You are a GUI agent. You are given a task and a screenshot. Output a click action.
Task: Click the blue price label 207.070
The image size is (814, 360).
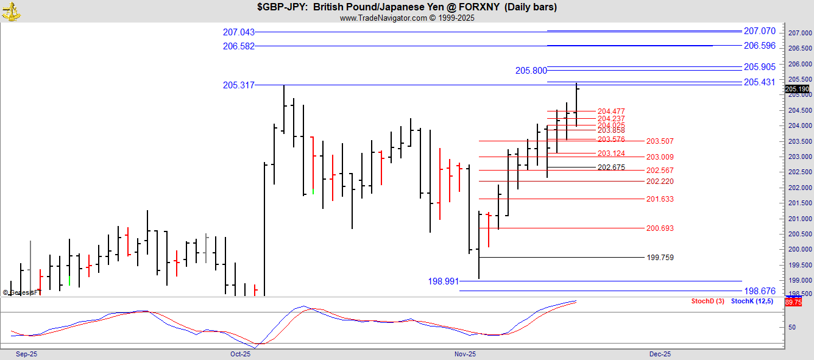pos(759,31)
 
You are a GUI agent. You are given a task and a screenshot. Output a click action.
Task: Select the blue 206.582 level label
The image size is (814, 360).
pos(239,46)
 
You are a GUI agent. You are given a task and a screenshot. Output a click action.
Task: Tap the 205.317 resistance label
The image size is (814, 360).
pos(239,85)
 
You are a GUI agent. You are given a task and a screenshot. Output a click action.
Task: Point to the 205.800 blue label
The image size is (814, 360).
pos(531,71)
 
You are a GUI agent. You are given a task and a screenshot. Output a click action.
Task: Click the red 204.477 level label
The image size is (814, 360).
pos(611,111)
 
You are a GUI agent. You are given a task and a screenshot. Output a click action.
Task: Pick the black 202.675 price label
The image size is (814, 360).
pos(611,168)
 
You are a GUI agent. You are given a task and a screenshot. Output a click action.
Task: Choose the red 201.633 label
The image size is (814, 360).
pos(660,199)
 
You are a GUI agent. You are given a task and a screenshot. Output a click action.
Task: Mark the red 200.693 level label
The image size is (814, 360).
pos(660,228)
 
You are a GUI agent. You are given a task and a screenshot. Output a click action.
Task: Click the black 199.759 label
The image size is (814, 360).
pos(660,258)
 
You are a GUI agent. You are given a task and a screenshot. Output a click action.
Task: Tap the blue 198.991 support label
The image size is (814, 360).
pos(444,281)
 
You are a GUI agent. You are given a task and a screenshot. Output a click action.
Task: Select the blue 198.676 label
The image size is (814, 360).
pos(759,291)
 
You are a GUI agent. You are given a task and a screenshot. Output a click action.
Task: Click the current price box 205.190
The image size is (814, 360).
pos(798,89)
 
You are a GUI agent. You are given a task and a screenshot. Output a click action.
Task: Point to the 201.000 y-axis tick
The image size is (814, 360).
pos(799,219)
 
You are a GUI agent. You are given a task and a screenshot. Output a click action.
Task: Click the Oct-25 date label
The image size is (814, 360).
pos(241,354)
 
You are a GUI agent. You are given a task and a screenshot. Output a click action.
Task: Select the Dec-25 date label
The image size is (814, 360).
pos(660,354)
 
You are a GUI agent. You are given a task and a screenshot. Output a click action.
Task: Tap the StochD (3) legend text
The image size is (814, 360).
pos(707,302)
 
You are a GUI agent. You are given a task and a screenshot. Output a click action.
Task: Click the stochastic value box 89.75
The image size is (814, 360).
pos(793,302)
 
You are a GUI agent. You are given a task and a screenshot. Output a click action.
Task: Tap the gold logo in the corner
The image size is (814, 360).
pos(11,10)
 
